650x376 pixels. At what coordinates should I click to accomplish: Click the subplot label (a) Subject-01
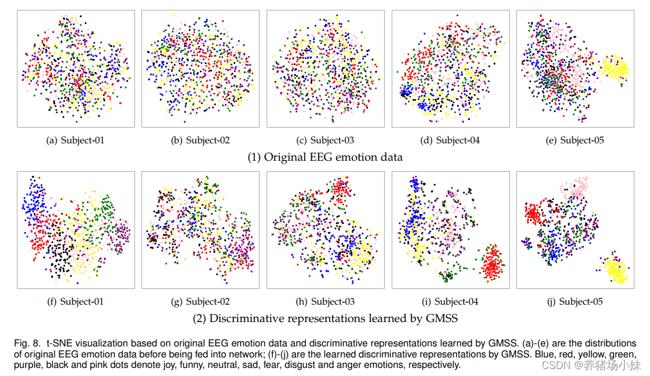click(x=75, y=140)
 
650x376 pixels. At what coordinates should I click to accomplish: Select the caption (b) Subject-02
click(x=200, y=140)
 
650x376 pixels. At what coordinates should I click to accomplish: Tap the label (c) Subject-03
click(x=325, y=140)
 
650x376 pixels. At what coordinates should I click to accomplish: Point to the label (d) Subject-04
click(x=451, y=140)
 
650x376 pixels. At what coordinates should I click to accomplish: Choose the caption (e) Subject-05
click(x=575, y=140)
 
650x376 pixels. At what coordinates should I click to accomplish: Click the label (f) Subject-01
click(x=75, y=302)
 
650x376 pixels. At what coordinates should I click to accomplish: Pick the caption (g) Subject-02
click(x=200, y=302)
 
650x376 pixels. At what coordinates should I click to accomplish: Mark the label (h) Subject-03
click(x=325, y=302)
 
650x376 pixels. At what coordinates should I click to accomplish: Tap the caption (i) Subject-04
click(x=451, y=302)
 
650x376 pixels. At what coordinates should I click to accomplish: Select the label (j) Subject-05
click(x=575, y=302)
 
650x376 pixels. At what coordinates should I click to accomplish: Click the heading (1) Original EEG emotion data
click(x=325, y=157)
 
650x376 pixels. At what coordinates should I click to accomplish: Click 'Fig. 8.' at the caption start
click(x=27, y=344)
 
